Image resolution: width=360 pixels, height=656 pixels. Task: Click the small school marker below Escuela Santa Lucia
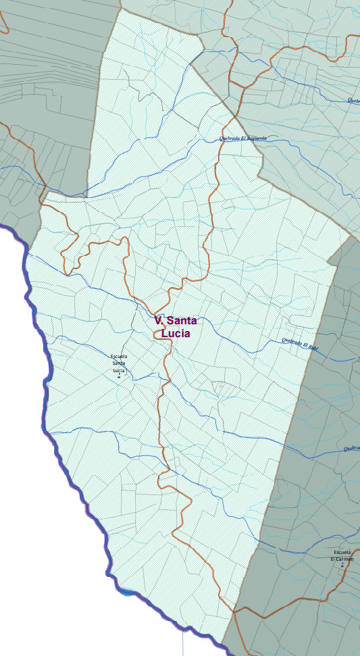[119, 376]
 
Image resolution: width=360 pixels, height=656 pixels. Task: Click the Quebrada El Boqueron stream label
[243, 138]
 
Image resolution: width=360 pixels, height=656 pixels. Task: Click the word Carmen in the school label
[342, 559]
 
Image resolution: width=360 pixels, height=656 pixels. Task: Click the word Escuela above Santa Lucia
[119, 356]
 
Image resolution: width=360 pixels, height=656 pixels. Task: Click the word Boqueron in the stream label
[257, 138]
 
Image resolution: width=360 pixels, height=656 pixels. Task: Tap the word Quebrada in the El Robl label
[290, 342]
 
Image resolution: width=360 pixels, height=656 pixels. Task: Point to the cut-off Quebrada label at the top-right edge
[353, 101]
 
